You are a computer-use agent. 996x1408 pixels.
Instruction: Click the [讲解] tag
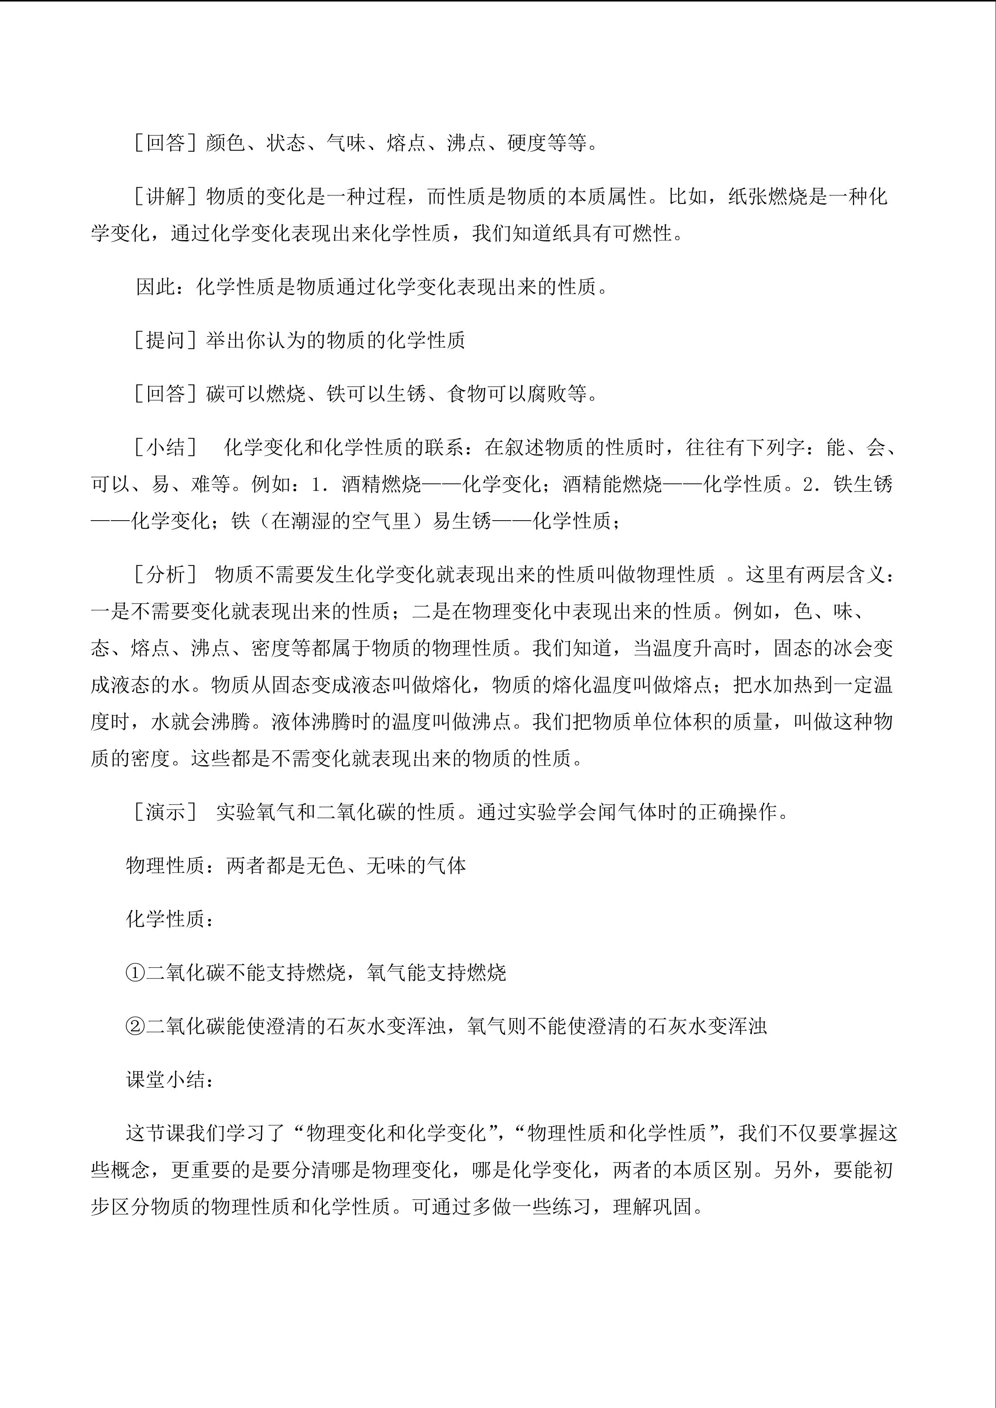pos(166,196)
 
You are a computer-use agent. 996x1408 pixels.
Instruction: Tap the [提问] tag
pos(166,340)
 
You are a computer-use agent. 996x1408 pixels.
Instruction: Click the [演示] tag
pos(166,812)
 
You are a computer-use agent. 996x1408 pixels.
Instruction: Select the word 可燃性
pos(643,233)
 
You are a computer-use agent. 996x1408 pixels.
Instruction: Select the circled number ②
pos(135,1026)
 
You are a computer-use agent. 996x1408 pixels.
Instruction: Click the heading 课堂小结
pos(166,1079)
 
